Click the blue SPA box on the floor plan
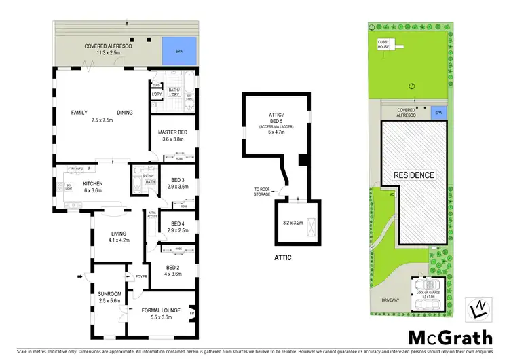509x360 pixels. pyautogui.click(x=178, y=50)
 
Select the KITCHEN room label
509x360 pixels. pyautogui.click(x=92, y=183)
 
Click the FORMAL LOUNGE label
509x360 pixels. pyautogui.click(x=161, y=310)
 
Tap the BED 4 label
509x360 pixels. pyautogui.click(x=177, y=223)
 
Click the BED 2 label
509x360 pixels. pyautogui.click(x=172, y=267)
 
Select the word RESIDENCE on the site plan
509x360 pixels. pyautogui.click(x=414, y=175)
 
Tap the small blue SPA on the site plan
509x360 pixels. pyautogui.click(x=438, y=113)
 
